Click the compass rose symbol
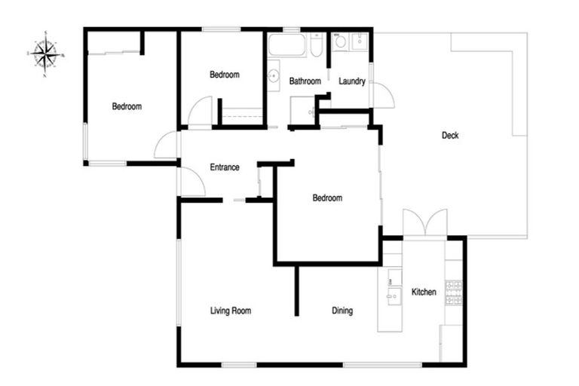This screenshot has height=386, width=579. pos(46,54)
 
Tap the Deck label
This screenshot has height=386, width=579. pos(450,136)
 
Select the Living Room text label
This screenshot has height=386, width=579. pos(230,311)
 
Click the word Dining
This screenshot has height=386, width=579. pos(342,311)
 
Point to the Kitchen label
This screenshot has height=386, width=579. pos(423,292)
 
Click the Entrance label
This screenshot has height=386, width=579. pos(225,167)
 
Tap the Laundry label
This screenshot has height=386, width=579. pos(352,81)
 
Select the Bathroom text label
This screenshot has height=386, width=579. pos(305,81)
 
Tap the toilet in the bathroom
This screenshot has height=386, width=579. pos(317,46)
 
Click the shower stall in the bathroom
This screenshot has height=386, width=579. pos(302,109)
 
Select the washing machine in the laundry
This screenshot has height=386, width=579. pos(340,41)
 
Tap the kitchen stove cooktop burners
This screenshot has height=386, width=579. pos(453,293)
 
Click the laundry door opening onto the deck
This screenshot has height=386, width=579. pos(382,95)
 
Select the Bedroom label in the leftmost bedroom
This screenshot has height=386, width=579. pos(127,106)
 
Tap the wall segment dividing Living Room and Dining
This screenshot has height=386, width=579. pos(296,290)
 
